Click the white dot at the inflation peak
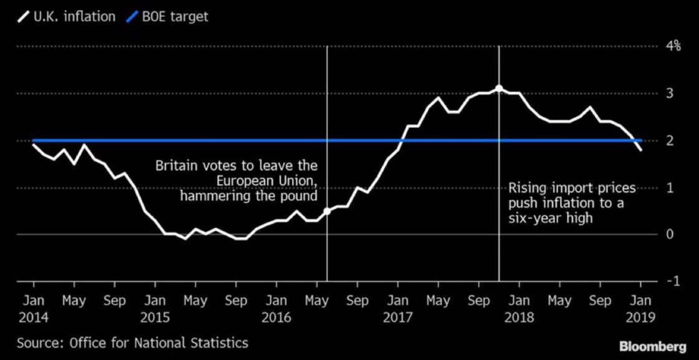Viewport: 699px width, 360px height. [x=498, y=88]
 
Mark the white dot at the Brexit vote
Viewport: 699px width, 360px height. [x=327, y=211]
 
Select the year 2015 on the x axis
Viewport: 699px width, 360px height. [x=154, y=318]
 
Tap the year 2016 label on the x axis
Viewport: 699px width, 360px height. [x=276, y=318]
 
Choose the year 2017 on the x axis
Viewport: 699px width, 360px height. [x=398, y=318]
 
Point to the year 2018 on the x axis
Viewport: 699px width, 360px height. [x=519, y=318]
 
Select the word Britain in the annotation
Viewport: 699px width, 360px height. [x=176, y=166]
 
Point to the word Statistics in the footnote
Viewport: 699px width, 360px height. [x=220, y=343]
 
